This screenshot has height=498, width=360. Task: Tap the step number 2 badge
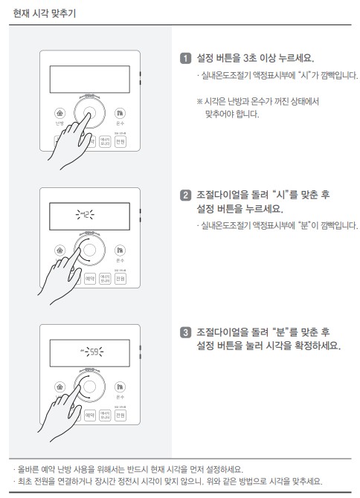click(185, 195)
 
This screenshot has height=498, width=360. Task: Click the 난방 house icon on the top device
click(60, 113)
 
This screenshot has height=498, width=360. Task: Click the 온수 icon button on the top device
click(120, 113)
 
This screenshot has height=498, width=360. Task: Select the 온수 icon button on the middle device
click(120, 250)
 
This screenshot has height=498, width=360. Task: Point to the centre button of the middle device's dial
click(91, 250)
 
